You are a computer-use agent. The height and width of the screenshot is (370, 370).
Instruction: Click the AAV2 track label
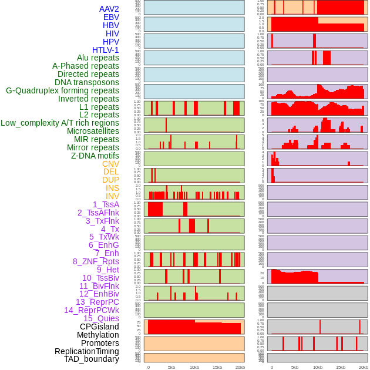coord(109,9)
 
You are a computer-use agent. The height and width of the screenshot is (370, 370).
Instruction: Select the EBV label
coord(110,18)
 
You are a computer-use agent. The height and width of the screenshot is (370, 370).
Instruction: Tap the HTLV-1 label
coord(105,50)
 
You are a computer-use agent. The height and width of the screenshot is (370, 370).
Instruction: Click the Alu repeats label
coord(97,58)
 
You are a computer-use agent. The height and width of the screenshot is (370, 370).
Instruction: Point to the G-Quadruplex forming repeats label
coord(62,90)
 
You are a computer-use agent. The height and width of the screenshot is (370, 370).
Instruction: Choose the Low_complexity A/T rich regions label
coord(60,123)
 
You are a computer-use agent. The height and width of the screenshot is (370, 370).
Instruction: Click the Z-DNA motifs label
coord(95,156)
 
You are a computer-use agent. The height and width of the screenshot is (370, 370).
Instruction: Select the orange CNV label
coord(110,164)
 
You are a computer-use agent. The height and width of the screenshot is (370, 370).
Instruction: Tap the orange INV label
coord(112,196)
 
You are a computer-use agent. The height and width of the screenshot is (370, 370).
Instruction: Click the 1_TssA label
coord(106,204)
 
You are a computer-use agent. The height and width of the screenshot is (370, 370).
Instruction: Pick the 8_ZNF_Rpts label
coord(96,261)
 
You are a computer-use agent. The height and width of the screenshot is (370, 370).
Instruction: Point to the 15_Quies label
coord(101,318)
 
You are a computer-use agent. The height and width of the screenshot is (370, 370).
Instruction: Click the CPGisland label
coord(99,327)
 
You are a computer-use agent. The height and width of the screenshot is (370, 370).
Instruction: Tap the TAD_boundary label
coord(92,359)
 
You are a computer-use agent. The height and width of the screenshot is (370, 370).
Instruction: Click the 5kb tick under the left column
coord(171,367)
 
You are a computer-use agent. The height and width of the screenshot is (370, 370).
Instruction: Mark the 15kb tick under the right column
coord(341,367)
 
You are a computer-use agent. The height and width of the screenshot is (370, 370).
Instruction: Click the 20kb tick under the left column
coord(240,367)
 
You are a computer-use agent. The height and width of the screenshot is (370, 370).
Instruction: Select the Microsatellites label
coord(93,131)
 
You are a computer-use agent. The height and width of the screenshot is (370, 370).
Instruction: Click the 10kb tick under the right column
coord(318,367)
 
